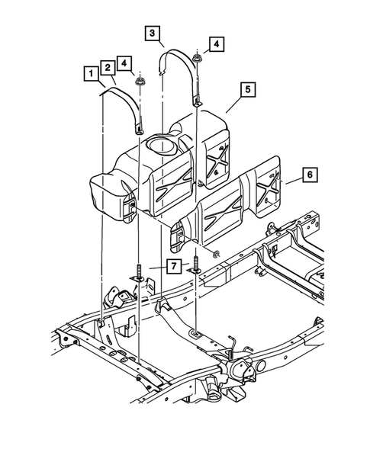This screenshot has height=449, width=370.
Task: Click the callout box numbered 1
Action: click(91, 74)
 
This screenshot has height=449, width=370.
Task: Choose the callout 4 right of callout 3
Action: click(217, 44)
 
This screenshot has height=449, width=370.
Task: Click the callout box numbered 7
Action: click(174, 265)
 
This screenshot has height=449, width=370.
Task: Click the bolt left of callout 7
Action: click(140, 273)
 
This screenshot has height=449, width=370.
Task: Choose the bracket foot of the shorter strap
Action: click(140, 129)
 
